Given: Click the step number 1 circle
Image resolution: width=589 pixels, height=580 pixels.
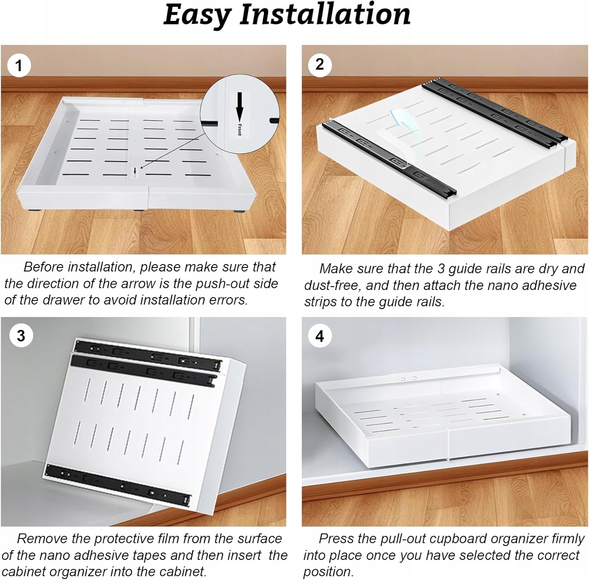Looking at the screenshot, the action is point(18,65).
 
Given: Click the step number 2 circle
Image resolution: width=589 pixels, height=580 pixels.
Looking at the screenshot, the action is point(320,64).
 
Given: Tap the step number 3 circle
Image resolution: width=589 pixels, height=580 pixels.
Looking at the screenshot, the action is point(21,336).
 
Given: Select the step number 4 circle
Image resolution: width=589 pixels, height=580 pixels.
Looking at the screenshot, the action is point(320,336).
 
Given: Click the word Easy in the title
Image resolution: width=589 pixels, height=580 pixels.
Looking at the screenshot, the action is point(197,15).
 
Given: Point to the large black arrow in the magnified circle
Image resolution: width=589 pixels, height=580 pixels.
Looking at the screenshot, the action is point(240,106).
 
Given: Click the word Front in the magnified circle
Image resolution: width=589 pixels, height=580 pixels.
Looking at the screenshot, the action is point(240,129).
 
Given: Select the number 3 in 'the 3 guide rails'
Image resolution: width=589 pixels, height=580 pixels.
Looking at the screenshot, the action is point(441,269).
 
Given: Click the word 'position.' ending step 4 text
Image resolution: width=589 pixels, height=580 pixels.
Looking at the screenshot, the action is point(329,572).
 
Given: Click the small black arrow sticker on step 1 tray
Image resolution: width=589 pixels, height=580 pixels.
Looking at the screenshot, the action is point(135,171).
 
